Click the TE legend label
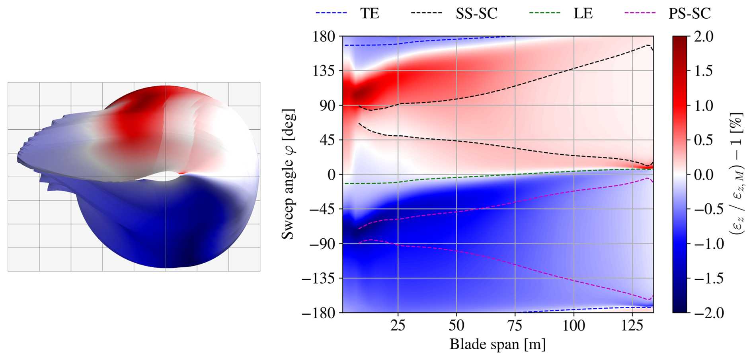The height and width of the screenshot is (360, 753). click(370, 14)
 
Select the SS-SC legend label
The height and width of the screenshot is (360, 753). click(476, 14)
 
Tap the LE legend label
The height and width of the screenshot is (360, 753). click(583, 14)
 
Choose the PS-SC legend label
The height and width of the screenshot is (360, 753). click(689, 14)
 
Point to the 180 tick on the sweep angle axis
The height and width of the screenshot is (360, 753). click(324, 37)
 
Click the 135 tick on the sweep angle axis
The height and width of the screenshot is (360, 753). click(324, 71)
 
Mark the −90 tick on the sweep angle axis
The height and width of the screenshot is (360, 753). click(322, 243)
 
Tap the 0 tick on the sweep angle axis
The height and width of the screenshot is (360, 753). click(332, 175)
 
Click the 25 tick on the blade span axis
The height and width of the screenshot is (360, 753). click(398, 326)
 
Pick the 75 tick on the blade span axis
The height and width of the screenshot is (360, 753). click(515, 326)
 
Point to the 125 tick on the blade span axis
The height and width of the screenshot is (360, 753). click(632, 326)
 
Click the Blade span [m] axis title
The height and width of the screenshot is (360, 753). click(497, 344)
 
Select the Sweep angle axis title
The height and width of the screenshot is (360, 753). click(288, 174)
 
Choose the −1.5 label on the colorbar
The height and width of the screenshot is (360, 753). click(709, 278)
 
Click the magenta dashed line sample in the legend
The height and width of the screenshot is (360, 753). click(640, 13)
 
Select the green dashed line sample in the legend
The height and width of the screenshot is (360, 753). click(544, 13)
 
